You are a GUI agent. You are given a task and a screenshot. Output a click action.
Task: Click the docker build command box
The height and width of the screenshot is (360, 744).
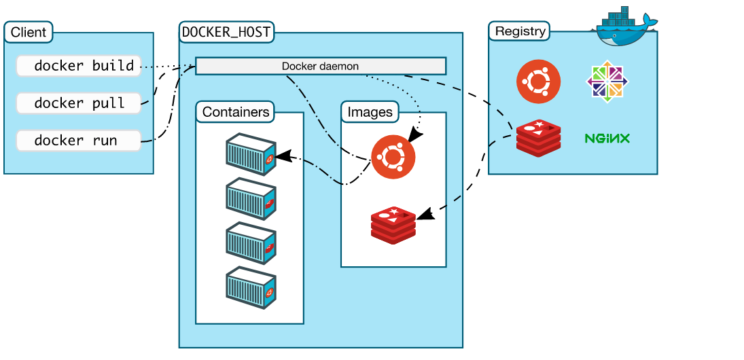coord(78,66)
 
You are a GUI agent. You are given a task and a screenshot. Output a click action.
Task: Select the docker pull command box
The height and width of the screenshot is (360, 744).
coord(78,103)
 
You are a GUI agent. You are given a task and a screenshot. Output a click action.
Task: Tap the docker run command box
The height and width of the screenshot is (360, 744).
coord(78,141)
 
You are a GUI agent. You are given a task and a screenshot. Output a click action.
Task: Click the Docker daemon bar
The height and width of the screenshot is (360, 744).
coord(320,66)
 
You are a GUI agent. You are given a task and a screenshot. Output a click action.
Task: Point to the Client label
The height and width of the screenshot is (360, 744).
coord(29,32)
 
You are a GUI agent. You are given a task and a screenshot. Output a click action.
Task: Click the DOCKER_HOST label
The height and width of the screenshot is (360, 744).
coord(226,31)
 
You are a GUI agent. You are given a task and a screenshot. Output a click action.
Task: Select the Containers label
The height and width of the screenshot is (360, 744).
coord(235,112)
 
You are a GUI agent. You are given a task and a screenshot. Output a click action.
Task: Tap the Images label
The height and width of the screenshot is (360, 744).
coord(370,112)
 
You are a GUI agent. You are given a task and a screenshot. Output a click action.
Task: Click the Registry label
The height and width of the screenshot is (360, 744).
coord(520,31)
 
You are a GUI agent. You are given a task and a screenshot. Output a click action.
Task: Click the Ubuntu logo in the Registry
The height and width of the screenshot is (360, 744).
coord(538,82)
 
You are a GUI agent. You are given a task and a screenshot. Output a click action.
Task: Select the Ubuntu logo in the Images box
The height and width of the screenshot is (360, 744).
coord(393,157)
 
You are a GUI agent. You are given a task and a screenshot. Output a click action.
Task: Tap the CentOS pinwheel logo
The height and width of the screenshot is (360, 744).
coord(607,82)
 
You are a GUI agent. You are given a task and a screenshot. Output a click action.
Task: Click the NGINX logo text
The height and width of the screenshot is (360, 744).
coord(607,139)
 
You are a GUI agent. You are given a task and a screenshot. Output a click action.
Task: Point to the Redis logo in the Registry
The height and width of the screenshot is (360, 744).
coord(538,138)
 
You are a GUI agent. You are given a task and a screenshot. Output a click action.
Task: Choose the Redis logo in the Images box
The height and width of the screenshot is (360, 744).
coord(393,226)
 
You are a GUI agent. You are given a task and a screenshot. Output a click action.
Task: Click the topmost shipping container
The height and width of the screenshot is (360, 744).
coord(251,154)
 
